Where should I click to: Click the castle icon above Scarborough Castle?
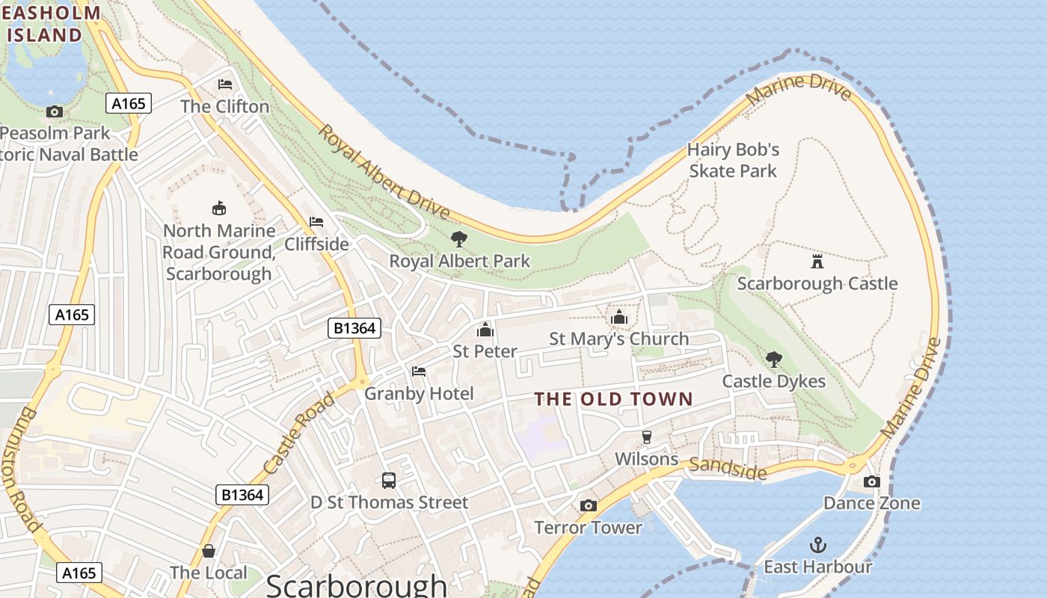817,262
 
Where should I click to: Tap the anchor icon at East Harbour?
818,545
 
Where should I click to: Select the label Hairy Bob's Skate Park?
733,160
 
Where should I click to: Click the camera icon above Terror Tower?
589,506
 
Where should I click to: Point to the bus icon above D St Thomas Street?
389,481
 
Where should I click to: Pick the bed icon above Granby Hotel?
419,372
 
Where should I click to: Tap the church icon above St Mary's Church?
618,318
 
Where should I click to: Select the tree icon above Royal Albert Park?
459,239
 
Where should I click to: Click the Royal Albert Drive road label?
384,173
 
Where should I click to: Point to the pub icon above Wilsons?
647,437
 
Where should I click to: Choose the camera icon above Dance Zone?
871,481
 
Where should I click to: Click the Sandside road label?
728,469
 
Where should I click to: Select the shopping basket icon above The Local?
209,551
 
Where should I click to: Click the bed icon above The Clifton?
225,84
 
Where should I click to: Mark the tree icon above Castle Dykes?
774,360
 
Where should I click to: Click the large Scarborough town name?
356,585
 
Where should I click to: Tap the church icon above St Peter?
485,330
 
